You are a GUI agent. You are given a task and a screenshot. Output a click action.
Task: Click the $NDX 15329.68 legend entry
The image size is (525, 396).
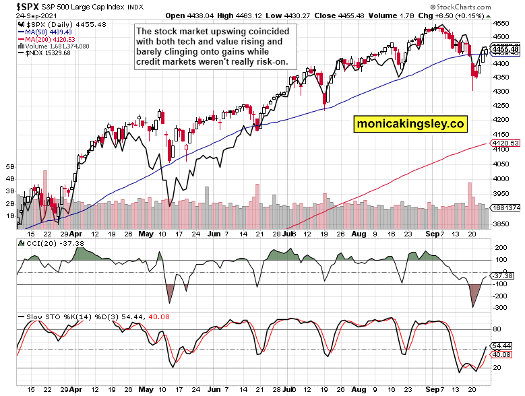coord(47,53)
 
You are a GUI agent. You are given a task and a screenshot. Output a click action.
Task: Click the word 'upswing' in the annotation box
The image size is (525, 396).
coord(221,31)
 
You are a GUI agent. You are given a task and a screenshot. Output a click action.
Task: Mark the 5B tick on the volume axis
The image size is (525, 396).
coord(9,166)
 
